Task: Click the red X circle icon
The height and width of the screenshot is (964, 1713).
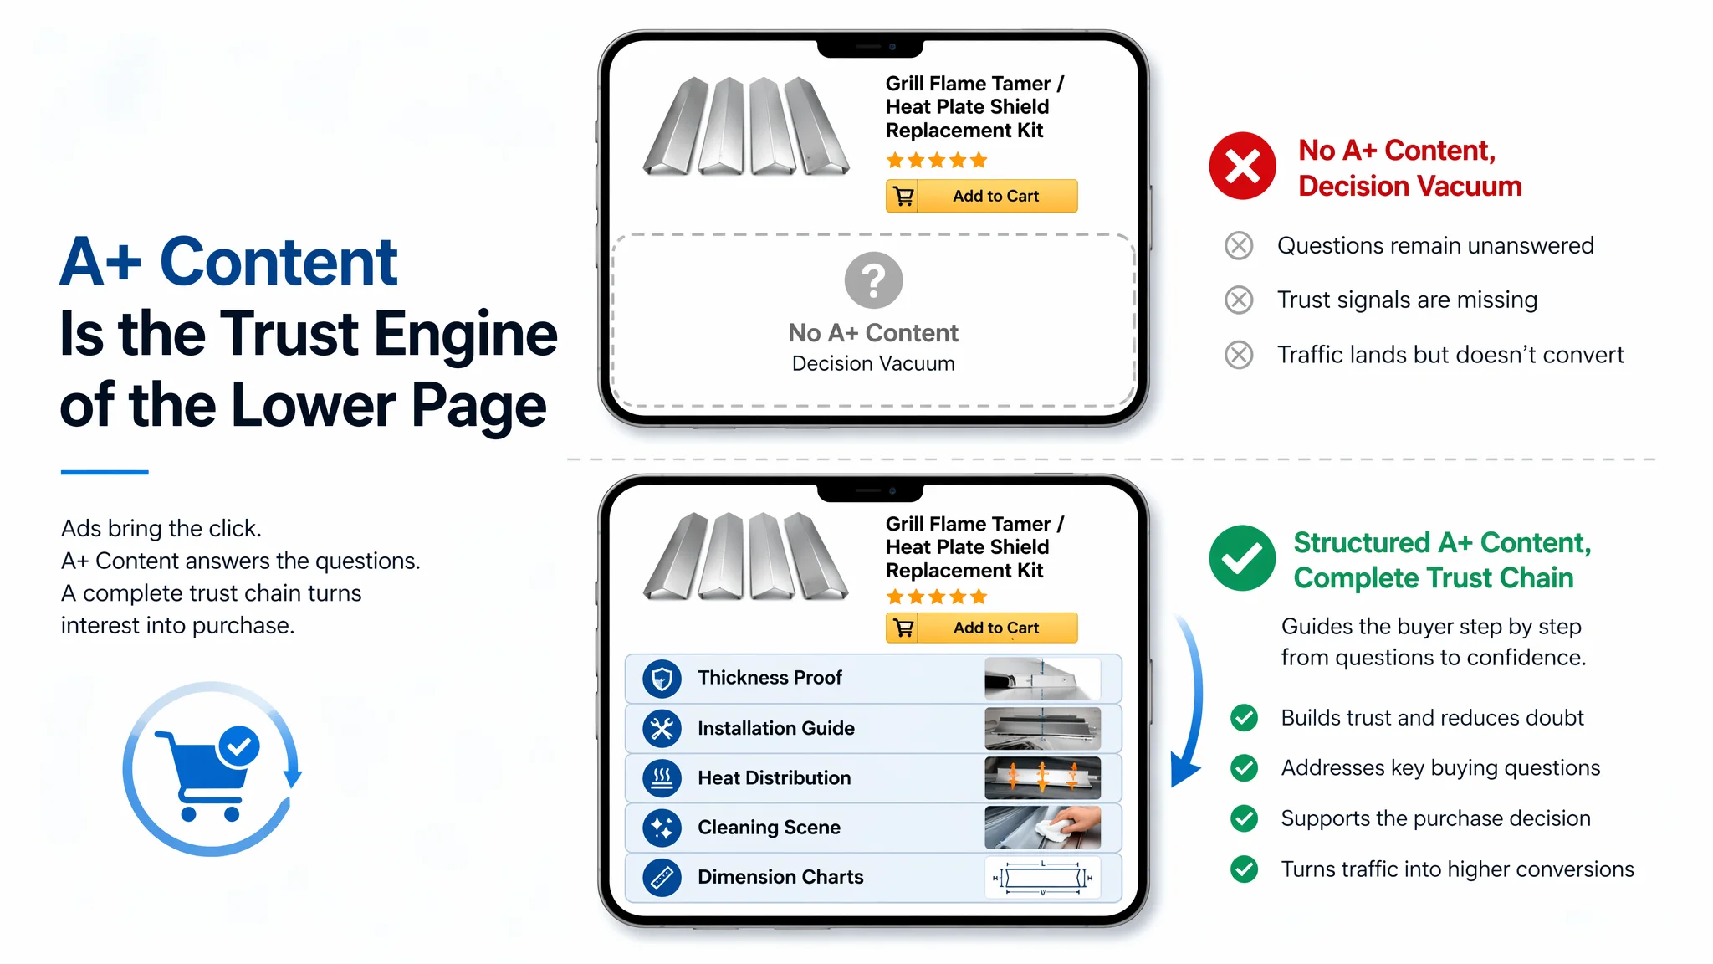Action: [1242, 166]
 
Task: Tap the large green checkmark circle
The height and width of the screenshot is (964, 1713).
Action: [1242, 558]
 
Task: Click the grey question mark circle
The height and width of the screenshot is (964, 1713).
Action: [873, 280]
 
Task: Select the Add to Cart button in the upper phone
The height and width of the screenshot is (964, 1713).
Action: [981, 196]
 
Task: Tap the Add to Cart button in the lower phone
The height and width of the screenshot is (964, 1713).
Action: [981, 628]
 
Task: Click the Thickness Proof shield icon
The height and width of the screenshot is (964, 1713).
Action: [662, 679]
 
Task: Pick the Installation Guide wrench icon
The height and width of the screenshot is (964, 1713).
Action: [662, 729]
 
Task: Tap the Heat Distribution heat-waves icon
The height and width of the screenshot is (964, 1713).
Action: [662, 778]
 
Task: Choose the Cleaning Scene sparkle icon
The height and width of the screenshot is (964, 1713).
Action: [662, 828]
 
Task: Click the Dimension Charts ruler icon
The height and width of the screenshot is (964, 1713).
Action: [662, 877]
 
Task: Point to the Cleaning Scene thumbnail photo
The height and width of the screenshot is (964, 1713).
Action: [1042, 828]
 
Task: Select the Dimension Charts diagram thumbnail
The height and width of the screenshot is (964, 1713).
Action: [1042, 877]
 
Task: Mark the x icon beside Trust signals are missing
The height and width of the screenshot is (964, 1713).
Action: [1239, 300]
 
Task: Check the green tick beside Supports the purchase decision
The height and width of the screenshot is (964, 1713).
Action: [1244, 818]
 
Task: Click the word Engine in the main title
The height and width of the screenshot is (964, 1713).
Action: [465, 334]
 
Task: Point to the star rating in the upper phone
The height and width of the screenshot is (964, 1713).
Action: [937, 160]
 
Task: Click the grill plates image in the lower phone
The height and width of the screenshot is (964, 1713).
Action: [746, 556]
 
